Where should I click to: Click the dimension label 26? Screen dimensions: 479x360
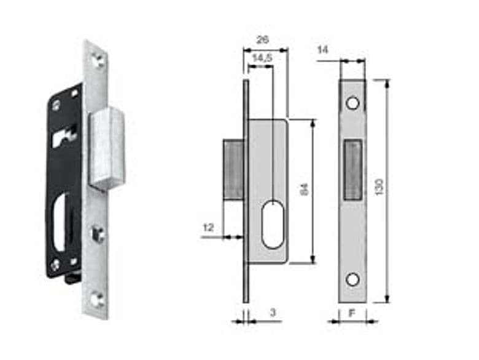262,40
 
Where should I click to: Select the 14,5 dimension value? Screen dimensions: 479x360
262,58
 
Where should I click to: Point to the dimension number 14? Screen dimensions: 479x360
323,50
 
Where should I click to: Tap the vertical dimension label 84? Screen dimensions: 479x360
305,189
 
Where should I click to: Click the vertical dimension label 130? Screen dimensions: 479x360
379,187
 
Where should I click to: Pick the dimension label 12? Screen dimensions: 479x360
208,228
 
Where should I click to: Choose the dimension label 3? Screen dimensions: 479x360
273,312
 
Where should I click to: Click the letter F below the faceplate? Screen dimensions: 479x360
352,313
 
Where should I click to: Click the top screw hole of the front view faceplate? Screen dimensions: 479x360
353,103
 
